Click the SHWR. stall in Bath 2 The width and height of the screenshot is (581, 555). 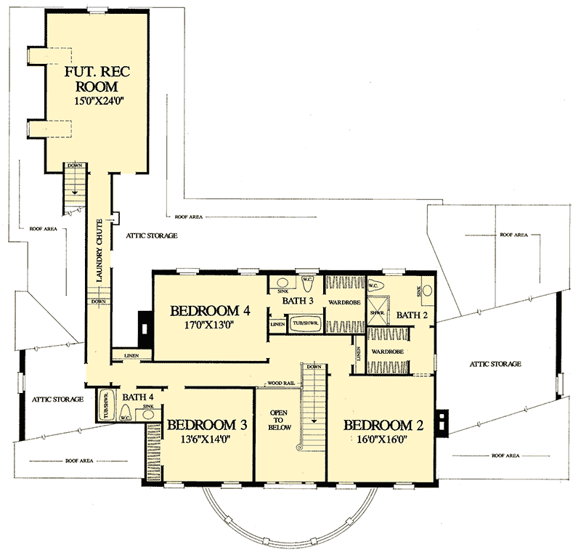(x=377, y=313)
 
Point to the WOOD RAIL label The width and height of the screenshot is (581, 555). (x=280, y=382)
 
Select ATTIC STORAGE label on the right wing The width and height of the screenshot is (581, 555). (x=495, y=364)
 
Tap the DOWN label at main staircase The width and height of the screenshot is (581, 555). (x=314, y=367)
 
